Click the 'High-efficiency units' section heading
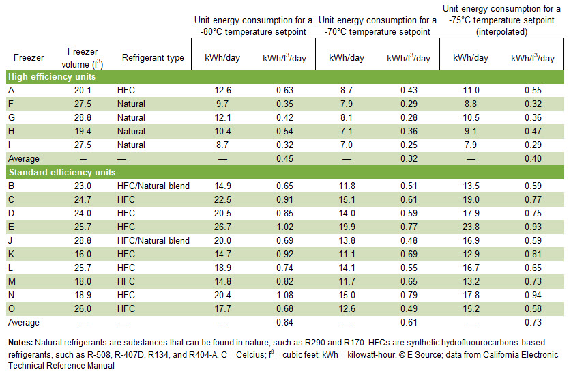[52, 76]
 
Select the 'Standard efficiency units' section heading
[61, 172]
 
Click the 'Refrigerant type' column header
[153, 58]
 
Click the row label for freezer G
[12, 117]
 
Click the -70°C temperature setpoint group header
[377, 26]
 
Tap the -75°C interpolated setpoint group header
[501, 20]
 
